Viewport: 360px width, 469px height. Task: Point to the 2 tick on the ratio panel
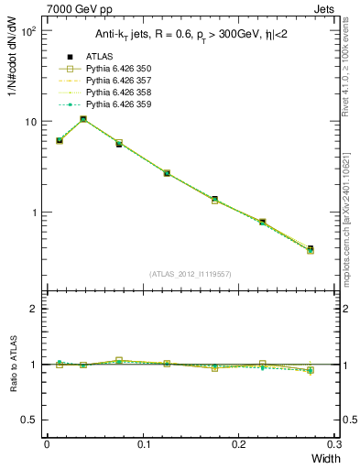tap(32, 309)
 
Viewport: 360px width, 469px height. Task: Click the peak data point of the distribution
tap(83, 119)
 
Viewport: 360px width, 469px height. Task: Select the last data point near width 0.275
tap(311, 249)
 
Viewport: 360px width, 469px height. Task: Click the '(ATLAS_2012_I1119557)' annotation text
tap(191, 274)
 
